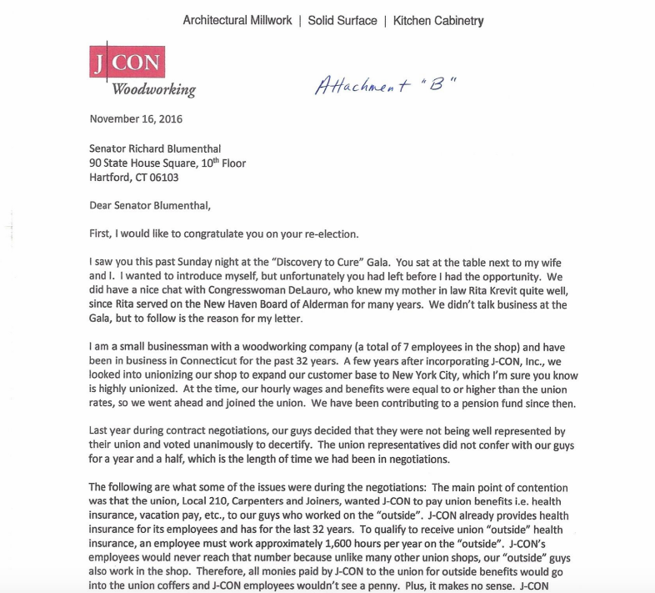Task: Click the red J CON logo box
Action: click(126, 62)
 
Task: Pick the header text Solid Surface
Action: click(342, 20)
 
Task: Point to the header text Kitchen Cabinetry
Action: click(438, 20)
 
